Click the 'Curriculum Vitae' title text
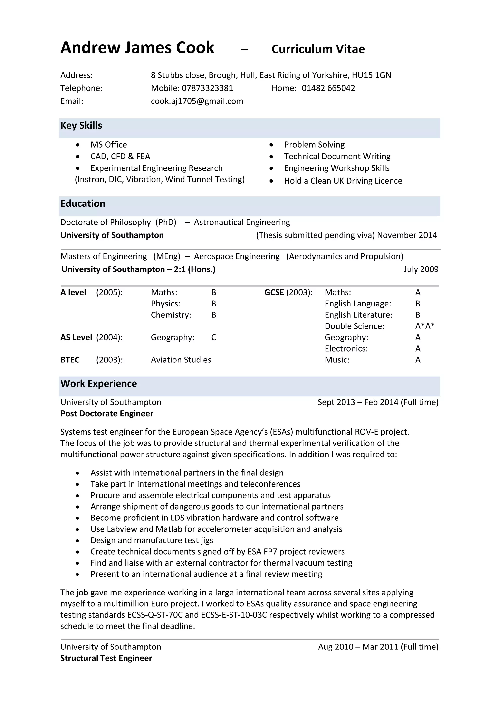tap(318, 49)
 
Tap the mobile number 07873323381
tap(207, 88)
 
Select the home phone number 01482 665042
tap(328, 88)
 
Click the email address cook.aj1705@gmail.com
tap(197, 101)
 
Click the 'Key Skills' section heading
tap(81, 126)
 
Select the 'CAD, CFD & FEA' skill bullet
tap(120, 157)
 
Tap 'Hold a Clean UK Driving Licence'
tap(343, 181)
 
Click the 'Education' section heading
tap(83, 204)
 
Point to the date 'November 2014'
tap(407, 235)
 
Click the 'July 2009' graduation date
tap(421, 269)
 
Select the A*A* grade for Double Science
tap(425, 326)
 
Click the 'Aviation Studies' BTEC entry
tap(181, 360)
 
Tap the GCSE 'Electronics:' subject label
tap(346, 349)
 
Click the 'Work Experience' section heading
tap(99, 383)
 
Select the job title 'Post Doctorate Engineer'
tap(107, 414)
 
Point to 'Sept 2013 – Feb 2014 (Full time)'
tap(378, 402)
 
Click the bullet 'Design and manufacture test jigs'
tap(152, 540)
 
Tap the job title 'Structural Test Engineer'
tap(106, 658)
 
